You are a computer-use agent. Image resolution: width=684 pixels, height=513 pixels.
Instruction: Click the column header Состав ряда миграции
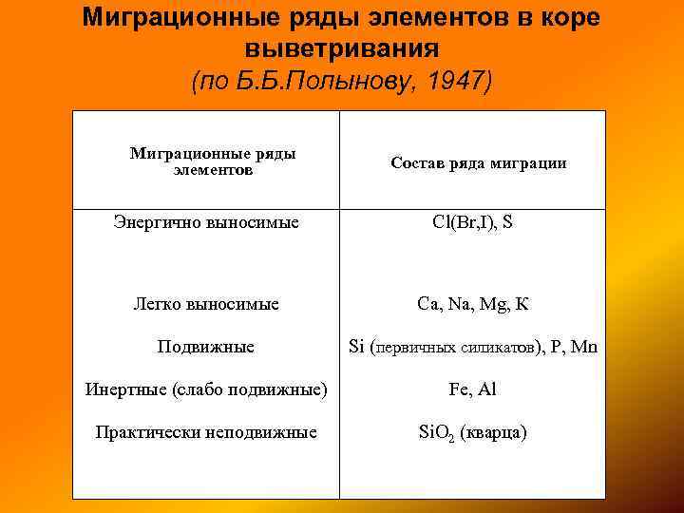(x=479, y=163)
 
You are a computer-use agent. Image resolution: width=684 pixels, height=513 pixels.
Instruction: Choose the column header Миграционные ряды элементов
(x=213, y=161)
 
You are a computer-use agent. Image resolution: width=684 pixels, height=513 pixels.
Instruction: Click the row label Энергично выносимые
(x=206, y=223)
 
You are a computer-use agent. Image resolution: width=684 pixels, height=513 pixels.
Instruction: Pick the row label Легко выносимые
(x=206, y=305)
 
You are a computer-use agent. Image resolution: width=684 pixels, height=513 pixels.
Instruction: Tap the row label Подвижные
(x=206, y=347)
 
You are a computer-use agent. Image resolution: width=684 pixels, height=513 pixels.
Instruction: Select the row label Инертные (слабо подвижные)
(x=206, y=389)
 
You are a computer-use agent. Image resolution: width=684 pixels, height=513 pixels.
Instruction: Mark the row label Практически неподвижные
(x=206, y=432)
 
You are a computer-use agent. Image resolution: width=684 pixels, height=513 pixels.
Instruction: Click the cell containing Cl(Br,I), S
(x=472, y=223)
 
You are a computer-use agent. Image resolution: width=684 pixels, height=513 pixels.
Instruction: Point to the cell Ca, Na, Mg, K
(x=472, y=305)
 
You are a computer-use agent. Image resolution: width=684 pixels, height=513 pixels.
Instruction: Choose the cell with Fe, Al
(x=472, y=389)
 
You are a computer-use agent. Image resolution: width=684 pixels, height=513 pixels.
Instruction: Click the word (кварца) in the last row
(x=493, y=432)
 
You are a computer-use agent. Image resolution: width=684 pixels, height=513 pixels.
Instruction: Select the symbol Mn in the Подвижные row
(x=584, y=347)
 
